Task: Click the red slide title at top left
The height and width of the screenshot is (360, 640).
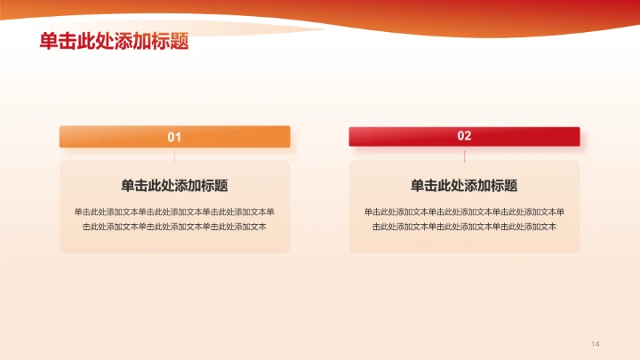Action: pyautogui.click(x=114, y=42)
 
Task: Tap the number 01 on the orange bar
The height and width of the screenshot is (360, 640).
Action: pyautogui.click(x=174, y=137)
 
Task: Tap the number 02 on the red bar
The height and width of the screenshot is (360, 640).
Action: pyautogui.click(x=464, y=136)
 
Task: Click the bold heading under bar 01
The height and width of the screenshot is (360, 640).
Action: pyautogui.click(x=174, y=186)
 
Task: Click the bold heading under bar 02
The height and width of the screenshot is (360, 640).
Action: pyautogui.click(x=464, y=186)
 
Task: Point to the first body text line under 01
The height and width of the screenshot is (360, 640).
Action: pyautogui.click(x=174, y=212)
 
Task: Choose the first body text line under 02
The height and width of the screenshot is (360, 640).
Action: pyautogui.click(x=464, y=212)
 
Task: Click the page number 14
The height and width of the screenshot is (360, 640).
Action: pyautogui.click(x=596, y=344)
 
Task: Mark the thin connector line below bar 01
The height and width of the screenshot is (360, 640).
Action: pyautogui.click(x=175, y=155)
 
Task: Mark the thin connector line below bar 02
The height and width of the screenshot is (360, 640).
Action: pyautogui.click(x=465, y=155)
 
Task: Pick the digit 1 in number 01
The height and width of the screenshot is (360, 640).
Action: pyautogui.click(x=178, y=137)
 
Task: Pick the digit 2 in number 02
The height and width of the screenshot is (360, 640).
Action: pyautogui.click(x=468, y=136)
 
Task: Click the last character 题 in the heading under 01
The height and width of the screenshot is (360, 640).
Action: pyautogui.click(x=220, y=186)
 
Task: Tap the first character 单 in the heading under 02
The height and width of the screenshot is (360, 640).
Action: pyautogui.click(x=418, y=186)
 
